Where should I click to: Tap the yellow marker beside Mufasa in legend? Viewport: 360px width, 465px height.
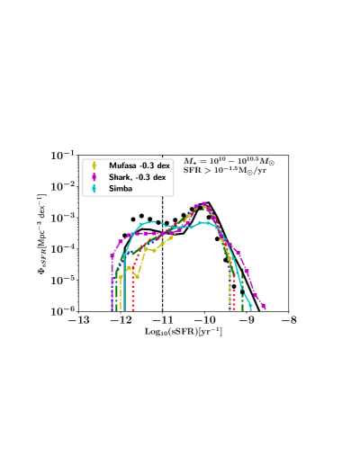(94, 165)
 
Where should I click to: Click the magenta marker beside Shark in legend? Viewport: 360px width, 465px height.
(94, 177)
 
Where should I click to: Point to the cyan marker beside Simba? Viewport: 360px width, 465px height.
(94, 190)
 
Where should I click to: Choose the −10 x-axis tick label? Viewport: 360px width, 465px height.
(204, 321)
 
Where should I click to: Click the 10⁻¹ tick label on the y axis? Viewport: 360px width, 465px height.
(62, 156)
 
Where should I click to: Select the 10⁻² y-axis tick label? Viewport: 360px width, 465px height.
(62, 187)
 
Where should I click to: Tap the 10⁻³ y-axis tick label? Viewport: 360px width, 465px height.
(62, 218)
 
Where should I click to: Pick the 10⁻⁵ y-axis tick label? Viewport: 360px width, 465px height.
(62, 281)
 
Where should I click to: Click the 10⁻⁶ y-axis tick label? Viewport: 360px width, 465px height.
(62, 311)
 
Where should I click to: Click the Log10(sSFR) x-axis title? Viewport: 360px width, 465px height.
(184, 332)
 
